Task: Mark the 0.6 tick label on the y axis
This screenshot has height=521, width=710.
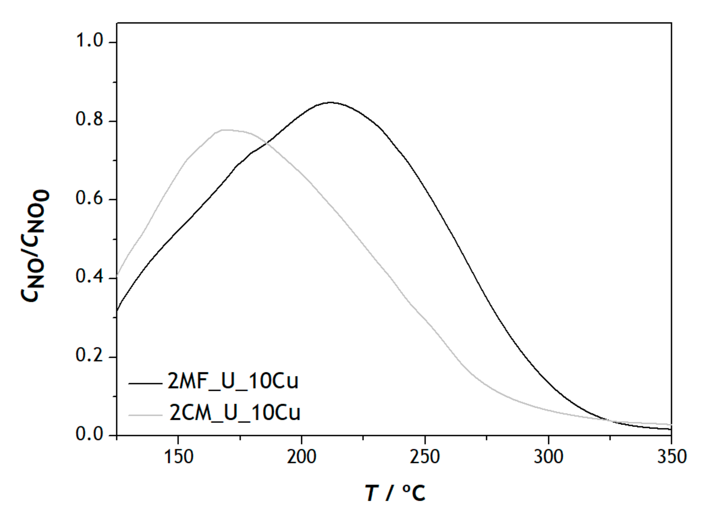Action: [90, 198]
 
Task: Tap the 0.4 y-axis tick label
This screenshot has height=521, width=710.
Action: [90, 277]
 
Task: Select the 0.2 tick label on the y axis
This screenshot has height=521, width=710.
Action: [90, 356]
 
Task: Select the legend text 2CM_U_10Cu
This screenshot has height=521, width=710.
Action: [235, 413]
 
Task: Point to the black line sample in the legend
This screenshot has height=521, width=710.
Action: [145, 383]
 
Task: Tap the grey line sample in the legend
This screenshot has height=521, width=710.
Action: [145, 415]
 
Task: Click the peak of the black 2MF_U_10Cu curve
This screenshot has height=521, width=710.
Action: [330, 102]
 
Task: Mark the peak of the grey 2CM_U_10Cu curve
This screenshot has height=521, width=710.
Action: [225, 130]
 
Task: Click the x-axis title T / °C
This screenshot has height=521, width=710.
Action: [395, 493]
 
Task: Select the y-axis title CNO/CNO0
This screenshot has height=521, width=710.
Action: [35, 246]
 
